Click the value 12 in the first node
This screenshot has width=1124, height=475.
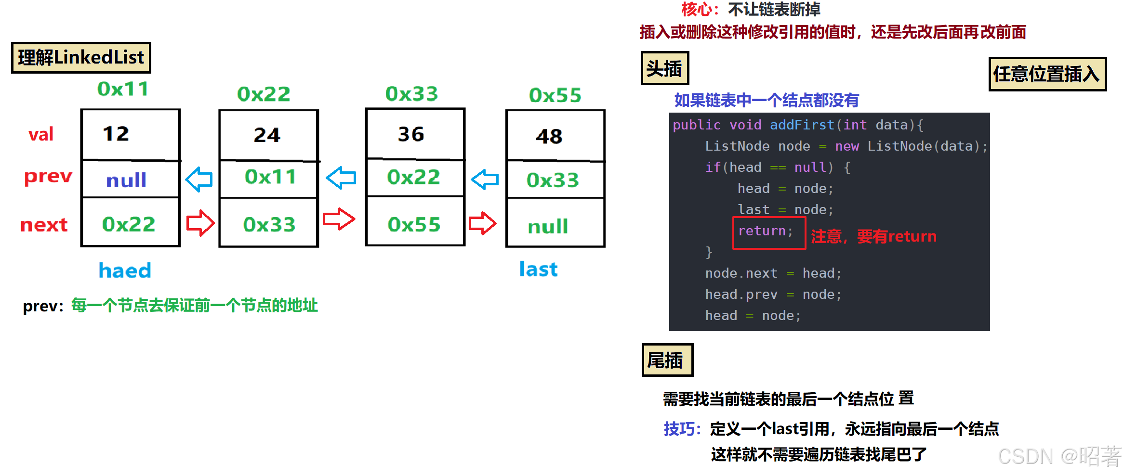(116, 134)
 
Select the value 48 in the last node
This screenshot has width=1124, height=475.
(549, 137)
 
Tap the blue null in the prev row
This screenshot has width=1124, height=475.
(126, 180)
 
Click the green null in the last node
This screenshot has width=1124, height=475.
(548, 226)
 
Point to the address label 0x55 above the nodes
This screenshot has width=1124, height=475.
(555, 95)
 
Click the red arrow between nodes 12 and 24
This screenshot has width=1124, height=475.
(200, 223)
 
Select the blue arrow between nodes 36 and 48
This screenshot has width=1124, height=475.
(485, 180)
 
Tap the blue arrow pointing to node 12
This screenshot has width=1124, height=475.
(199, 180)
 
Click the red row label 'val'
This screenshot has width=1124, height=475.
(41, 134)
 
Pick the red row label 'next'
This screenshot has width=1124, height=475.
(44, 225)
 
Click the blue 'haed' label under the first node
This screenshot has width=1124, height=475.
(125, 270)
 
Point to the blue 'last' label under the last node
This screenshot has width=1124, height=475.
(538, 269)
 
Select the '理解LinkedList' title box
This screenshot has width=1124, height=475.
(81, 58)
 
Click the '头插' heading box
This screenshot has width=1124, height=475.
(664, 68)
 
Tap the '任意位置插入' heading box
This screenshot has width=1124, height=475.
(1047, 74)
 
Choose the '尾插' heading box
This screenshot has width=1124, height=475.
(667, 360)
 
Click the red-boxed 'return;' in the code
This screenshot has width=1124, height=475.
(766, 231)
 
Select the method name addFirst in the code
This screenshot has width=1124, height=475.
(802, 125)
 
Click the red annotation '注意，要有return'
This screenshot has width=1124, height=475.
(873, 236)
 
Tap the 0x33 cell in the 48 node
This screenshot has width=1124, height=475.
(553, 180)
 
